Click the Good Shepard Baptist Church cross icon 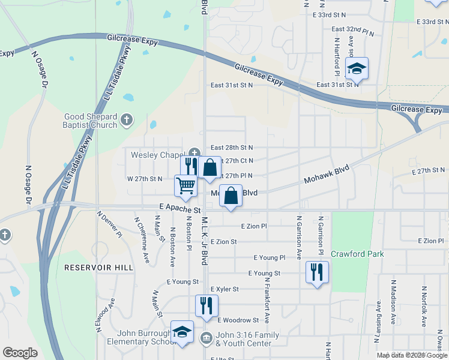point(126,120)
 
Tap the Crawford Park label point(357,254)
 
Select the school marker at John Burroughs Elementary point(182,332)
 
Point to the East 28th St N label point(232,148)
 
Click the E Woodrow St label point(238,320)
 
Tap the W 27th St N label point(144,179)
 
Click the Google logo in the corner point(20,353)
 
